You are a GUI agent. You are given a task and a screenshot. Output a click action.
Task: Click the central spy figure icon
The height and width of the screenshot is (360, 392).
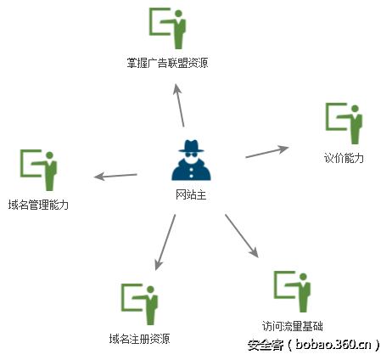(x=191, y=160)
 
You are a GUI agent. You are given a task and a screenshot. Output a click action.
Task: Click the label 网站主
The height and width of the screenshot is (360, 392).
(x=191, y=194)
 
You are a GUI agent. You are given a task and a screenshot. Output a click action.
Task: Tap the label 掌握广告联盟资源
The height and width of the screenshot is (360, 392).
(x=167, y=63)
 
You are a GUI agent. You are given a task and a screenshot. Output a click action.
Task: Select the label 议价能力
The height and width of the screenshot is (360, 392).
(x=344, y=158)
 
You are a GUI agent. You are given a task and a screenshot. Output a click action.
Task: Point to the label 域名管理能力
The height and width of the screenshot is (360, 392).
(x=38, y=205)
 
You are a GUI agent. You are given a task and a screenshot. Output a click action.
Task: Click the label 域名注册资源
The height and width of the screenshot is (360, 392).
(x=139, y=339)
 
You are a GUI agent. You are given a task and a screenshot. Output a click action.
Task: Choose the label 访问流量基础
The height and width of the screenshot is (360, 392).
(x=292, y=326)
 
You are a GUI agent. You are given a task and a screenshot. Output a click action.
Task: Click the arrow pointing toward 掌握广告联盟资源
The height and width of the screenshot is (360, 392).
(x=179, y=105)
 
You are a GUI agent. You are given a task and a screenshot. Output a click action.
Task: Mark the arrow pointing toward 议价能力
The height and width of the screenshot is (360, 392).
(x=267, y=152)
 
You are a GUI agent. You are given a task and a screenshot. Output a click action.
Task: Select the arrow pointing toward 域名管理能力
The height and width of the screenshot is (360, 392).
(x=115, y=176)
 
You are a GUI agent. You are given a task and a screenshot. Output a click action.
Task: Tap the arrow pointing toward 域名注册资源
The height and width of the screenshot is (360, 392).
(x=165, y=242)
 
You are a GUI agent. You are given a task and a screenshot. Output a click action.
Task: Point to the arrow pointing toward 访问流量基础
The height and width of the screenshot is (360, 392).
(x=242, y=236)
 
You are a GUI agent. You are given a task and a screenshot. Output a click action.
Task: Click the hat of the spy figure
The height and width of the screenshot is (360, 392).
(x=191, y=146)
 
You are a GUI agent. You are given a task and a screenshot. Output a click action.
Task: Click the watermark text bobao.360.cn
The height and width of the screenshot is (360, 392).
(x=333, y=345)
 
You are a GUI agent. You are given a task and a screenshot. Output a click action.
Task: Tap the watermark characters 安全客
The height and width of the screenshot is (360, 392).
(x=266, y=345)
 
